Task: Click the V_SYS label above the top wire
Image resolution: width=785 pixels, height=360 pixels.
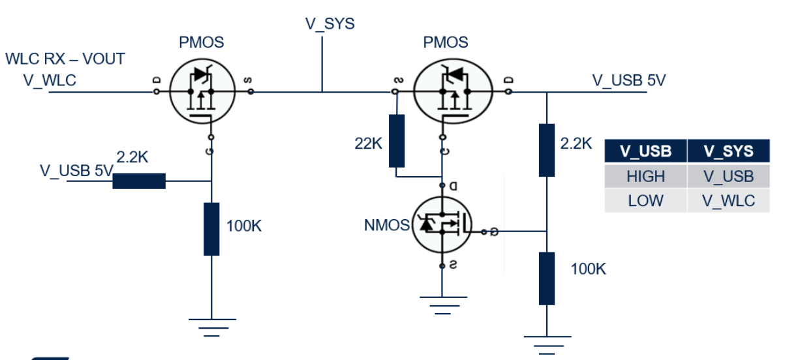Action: [330, 24]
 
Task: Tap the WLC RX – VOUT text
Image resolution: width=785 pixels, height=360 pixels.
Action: [65, 59]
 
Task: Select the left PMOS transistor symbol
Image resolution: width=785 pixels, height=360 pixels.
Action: [202, 91]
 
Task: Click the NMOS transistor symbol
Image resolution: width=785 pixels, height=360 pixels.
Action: [442, 226]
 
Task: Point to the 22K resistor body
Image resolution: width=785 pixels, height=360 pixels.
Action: [396, 141]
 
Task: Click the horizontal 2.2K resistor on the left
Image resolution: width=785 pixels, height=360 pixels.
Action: [139, 181]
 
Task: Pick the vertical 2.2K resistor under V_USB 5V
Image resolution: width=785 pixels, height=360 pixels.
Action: [547, 150]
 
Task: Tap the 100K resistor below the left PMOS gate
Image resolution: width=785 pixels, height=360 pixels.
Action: [211, 229]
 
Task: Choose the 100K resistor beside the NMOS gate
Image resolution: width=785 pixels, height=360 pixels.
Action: [547, 278]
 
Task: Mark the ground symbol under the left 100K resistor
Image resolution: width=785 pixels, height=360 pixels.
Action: [211, 327]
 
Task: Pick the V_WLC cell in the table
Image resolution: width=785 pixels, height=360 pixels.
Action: [728, 200]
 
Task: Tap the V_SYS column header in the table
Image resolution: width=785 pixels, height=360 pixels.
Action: [728, 151]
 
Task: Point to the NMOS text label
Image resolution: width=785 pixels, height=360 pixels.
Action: [386, 226]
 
